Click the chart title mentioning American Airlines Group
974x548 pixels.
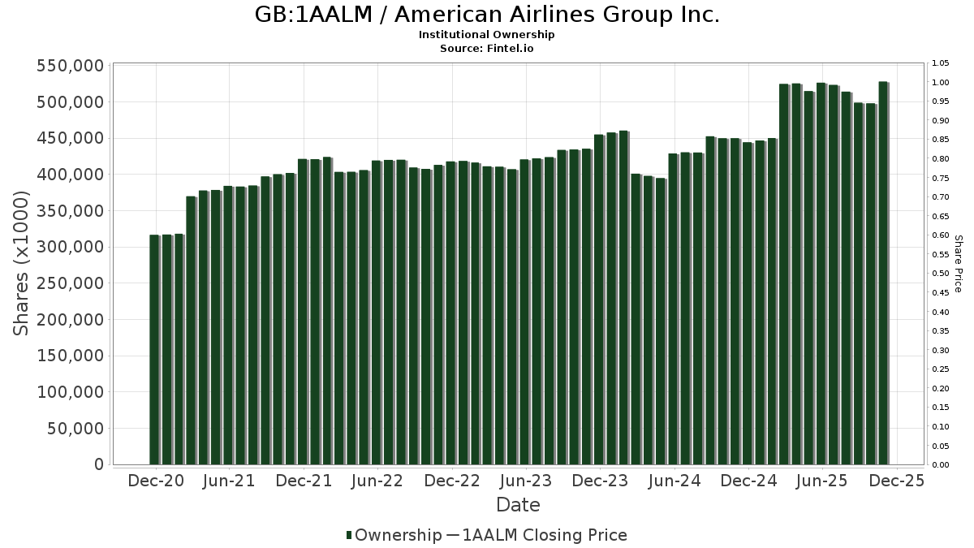tap(487, 15)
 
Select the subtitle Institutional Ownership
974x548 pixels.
tap(487, 35)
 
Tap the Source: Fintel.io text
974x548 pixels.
tap(487, 48)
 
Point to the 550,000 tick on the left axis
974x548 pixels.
tap(71, 66)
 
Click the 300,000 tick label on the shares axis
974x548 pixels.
tap(71, 247)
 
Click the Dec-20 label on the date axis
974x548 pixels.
tap(155, 481)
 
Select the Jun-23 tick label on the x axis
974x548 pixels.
tap(525, 481)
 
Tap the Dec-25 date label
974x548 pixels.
tap(896, 481)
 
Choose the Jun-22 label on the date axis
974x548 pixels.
tap(377, 481)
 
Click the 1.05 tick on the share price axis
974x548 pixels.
tap(941, 63)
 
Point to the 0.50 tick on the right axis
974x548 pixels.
tap(941, 274)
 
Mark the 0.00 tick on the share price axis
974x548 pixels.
tap(941, 465)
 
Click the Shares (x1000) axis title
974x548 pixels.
tap(22, 263)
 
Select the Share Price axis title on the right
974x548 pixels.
tap(958, 264)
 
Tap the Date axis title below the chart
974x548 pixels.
tap(518, 505)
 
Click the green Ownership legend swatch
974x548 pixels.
tap(349, 535)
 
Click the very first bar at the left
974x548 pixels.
tap(154, 349)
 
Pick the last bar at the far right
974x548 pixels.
tap(883, 273)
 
